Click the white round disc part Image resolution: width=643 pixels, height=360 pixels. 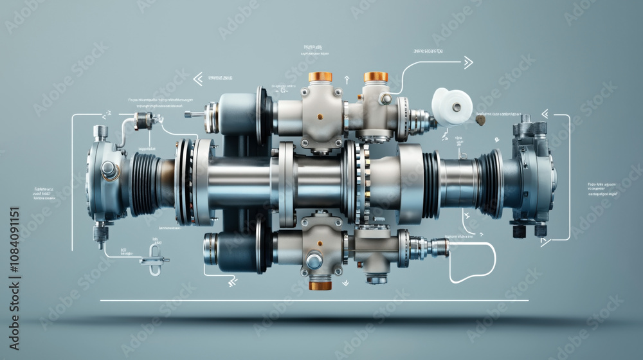(452, 106)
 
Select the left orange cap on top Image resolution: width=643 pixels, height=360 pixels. (320, 76)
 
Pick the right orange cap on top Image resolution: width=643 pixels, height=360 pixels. (376, 76)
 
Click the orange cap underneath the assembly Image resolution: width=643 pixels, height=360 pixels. (320, 285)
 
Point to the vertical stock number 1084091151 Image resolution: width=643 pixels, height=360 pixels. (14, 260)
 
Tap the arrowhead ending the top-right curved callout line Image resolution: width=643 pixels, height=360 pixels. (468, 62)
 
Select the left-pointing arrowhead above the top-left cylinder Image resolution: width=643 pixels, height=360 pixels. (197, 79)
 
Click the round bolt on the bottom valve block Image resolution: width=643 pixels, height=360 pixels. (314, 260)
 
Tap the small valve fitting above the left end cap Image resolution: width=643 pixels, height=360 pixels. (143, 120)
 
